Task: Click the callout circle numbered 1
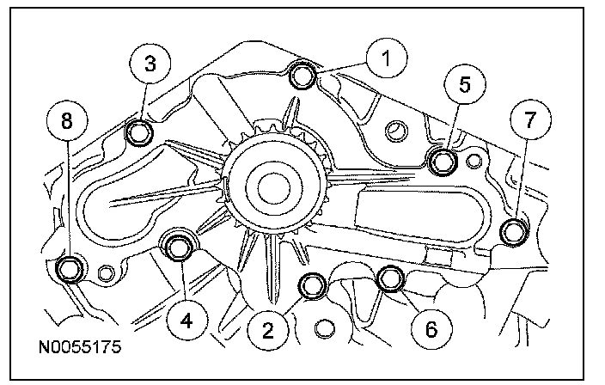(385, 59)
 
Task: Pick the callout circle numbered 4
(191, 321)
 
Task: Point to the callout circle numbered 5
(465, 84)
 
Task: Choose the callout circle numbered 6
(431, 327)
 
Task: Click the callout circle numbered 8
(68, 122)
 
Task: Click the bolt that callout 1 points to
(302, 76)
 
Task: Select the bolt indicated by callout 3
(139, 133)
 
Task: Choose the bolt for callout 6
(392, 278)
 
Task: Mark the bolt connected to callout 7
(513, 232)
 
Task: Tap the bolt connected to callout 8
(70, 270)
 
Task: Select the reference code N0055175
(78, 349)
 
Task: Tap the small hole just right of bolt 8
(106, 273)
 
